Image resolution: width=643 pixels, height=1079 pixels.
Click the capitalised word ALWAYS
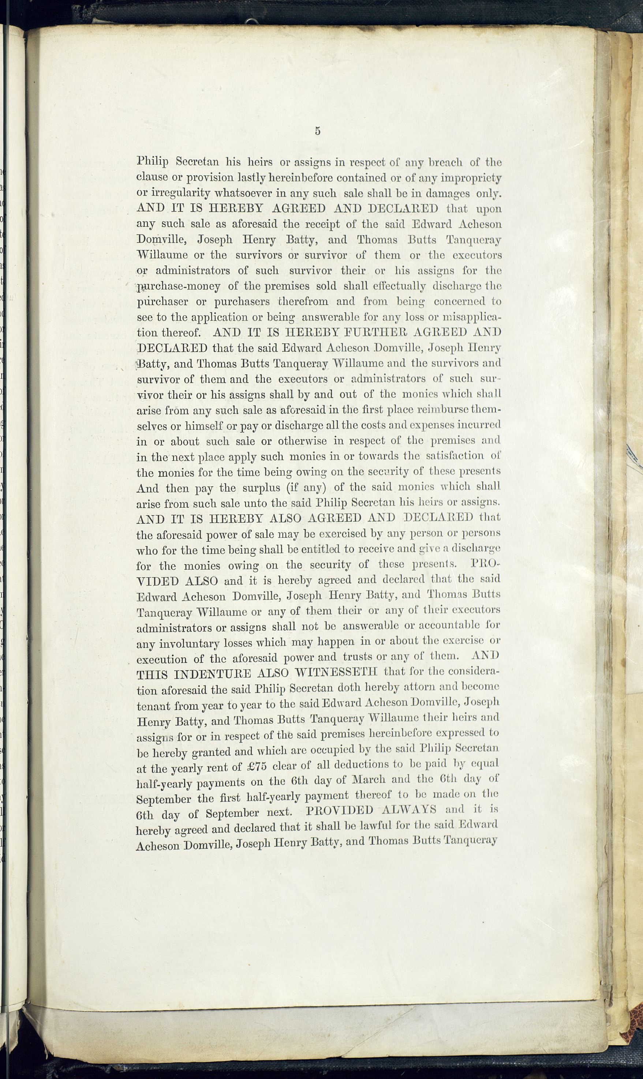pos(408,810)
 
